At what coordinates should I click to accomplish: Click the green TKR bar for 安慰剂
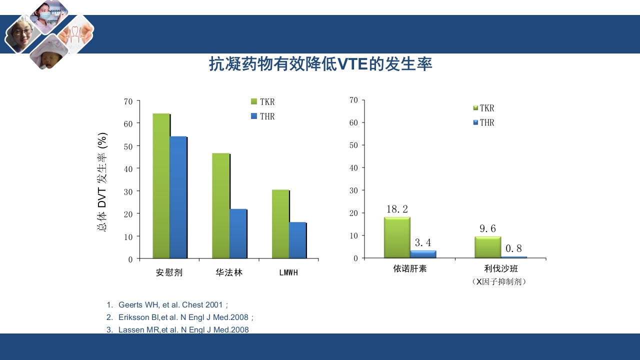click(161, 186)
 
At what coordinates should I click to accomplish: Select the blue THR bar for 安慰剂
click(178, 197)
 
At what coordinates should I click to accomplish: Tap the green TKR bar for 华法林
click(220, 205)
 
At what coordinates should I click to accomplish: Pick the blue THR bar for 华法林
click(238, 233)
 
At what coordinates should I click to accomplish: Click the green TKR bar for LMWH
click(280, 224)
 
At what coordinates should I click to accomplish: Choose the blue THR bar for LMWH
click(297, 240)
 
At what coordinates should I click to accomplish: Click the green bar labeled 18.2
click(397, 237)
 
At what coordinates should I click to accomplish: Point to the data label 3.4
click(423, 243)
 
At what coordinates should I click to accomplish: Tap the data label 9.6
click(487, 228)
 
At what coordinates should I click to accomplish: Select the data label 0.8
click(513, 248)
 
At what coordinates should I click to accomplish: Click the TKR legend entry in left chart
click(263, 102)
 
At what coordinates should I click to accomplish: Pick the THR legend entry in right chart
click(483, 122)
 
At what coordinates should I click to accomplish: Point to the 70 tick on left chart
click(128, 101)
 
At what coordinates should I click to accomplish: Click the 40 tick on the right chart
click(354, 167)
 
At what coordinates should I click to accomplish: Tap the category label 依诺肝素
click(410, 269)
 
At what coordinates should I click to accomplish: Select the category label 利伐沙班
click(501, 269)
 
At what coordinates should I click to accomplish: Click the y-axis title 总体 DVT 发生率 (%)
click(102, 182)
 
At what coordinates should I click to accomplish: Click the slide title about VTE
click(320, 64)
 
